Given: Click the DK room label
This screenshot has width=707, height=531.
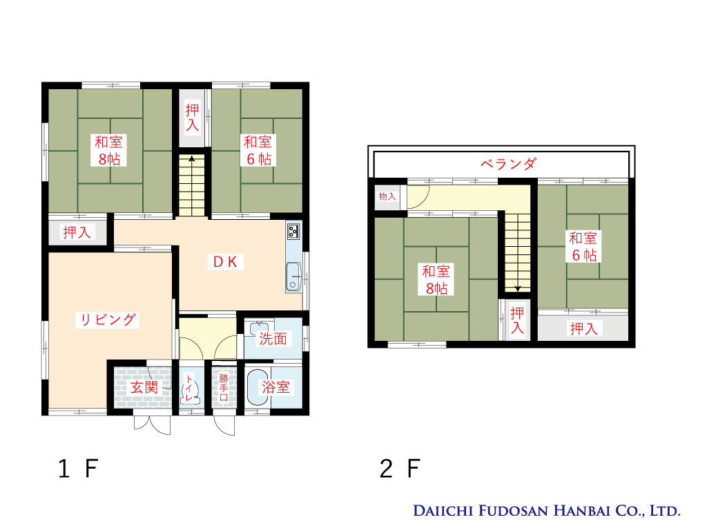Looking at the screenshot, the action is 226,262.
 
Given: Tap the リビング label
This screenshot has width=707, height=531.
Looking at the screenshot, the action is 107,319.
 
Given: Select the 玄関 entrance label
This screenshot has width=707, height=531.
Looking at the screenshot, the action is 144,387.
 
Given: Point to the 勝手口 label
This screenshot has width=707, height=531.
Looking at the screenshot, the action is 224,387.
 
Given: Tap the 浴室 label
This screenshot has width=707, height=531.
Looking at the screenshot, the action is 275,387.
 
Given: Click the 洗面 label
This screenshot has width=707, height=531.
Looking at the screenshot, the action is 273,339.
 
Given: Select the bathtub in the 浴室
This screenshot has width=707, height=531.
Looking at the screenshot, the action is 258,387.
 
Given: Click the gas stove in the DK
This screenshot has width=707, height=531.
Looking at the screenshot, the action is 293,231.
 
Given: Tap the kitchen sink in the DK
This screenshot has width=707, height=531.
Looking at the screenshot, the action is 293,277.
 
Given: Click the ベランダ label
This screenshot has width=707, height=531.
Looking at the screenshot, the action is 508,163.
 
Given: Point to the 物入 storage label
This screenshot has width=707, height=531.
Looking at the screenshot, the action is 387,196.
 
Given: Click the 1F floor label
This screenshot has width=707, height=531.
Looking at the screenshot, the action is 78,469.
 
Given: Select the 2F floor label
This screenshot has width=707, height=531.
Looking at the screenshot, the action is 400,469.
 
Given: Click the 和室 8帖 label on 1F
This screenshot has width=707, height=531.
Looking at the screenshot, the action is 108,150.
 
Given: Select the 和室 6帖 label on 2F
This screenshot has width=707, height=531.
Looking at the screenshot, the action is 583,247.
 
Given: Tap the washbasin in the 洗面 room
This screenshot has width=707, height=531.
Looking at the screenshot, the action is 259,327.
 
